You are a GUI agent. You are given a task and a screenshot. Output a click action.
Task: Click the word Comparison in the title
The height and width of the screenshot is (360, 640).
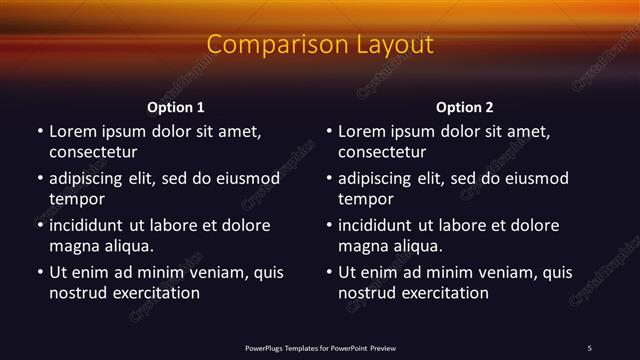tap(267, 45)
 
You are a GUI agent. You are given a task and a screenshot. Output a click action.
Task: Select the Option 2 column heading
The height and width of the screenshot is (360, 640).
tap(465, 107)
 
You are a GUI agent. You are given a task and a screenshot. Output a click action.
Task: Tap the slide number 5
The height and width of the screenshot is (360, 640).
tap(589, 348)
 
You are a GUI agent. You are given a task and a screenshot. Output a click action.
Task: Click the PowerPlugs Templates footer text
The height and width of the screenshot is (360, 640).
tap(320, 348)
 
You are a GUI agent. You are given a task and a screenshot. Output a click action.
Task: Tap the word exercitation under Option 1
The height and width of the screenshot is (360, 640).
tap(151, 293)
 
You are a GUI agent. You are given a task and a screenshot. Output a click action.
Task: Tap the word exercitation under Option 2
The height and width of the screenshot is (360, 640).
tap(440, 293)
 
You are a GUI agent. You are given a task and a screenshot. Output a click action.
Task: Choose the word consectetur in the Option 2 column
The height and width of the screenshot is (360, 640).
tap(382, 153)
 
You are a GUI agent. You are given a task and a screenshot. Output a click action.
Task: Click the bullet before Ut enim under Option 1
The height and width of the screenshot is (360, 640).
tap(40, 272)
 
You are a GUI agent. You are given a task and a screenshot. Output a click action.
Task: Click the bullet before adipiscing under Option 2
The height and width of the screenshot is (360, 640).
tap(329, 179)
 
